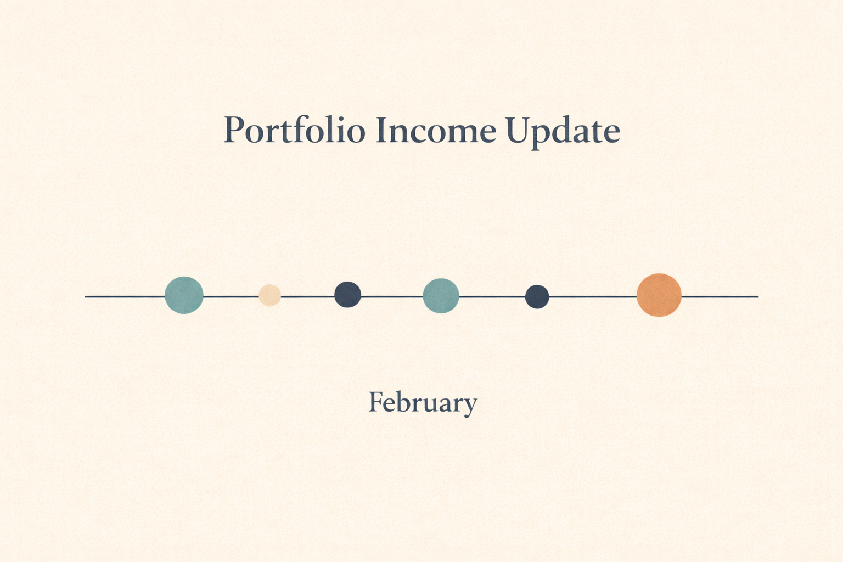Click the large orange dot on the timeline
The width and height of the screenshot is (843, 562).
[659, 295]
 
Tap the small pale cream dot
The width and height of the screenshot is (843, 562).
[269, 295]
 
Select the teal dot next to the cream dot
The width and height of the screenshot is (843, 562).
[184, 295]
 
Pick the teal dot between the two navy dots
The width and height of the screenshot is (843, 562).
[441, 296]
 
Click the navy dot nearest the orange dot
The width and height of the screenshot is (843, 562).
[537, 297]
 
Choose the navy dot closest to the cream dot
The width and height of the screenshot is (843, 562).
[348, 295]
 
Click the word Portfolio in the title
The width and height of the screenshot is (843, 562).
[294, 131]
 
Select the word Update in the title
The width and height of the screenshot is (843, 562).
[563, 132]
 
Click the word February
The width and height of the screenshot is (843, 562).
[422, 403]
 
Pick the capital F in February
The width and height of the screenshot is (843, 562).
[375, 402]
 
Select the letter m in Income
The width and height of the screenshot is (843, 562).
[457, 133]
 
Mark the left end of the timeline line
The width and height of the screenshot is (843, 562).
[87, 296]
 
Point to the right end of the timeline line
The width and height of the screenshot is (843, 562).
[757, 296]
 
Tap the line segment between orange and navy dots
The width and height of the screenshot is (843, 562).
[593, 296]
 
